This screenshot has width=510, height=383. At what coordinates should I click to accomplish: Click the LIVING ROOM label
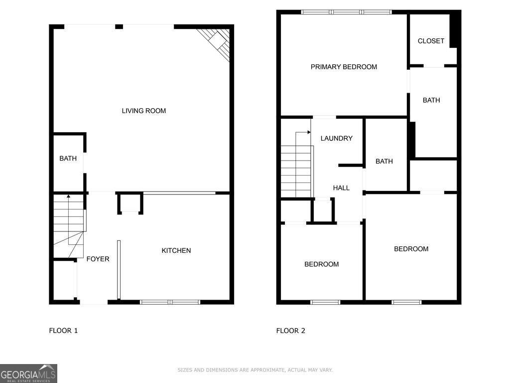pyautogui.click(x=144, y=111)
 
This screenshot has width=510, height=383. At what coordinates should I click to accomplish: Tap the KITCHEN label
pyautogui.click(x=176, y=250)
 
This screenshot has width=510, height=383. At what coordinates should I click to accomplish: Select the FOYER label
pyautogui.click(x=98, y=259)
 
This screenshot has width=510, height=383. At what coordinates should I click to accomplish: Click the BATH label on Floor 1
pyautogui.click(x=68, y=158)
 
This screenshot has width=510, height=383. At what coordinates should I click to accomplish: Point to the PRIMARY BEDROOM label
pyautogui.click(x=344, y=67)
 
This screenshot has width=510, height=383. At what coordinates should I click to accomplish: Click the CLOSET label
pyautogui.click(x=431, y=41)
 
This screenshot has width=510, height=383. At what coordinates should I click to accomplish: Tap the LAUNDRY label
pyautogui.click(x=337, y=138)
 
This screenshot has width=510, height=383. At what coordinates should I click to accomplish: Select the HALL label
pyautogui.click(x=341, y=188)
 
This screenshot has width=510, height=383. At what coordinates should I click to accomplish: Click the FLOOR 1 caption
pyautogui.click(x=63, y=331)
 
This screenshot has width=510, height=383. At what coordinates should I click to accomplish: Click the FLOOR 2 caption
pyautogui.click(x=291, y=331)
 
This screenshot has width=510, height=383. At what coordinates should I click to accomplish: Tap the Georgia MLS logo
pyautogui.click(x=28, y=373)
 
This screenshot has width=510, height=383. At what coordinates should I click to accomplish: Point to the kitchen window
pyautogui.click(x=170, y=302)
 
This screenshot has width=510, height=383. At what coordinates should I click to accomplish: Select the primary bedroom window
pyautogui.click(x=347, y=12)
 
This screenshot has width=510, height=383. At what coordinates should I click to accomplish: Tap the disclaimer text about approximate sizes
pyautogui.click(x=255, y=370)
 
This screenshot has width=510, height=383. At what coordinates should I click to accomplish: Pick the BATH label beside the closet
pyautogui.click(x=431, y=100)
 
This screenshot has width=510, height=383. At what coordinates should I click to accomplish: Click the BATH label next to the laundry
pyautogui.click(x=384, y=161)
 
